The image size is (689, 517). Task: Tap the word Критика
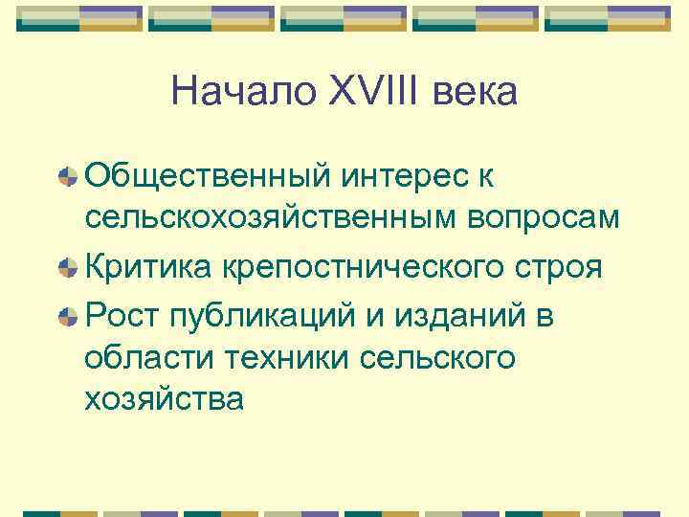(x=149, y=266)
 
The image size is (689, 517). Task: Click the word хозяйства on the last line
(x=165, y=398)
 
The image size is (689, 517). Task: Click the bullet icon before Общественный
(x=68, y=177)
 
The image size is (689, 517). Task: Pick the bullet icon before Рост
(x=68, y=315)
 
